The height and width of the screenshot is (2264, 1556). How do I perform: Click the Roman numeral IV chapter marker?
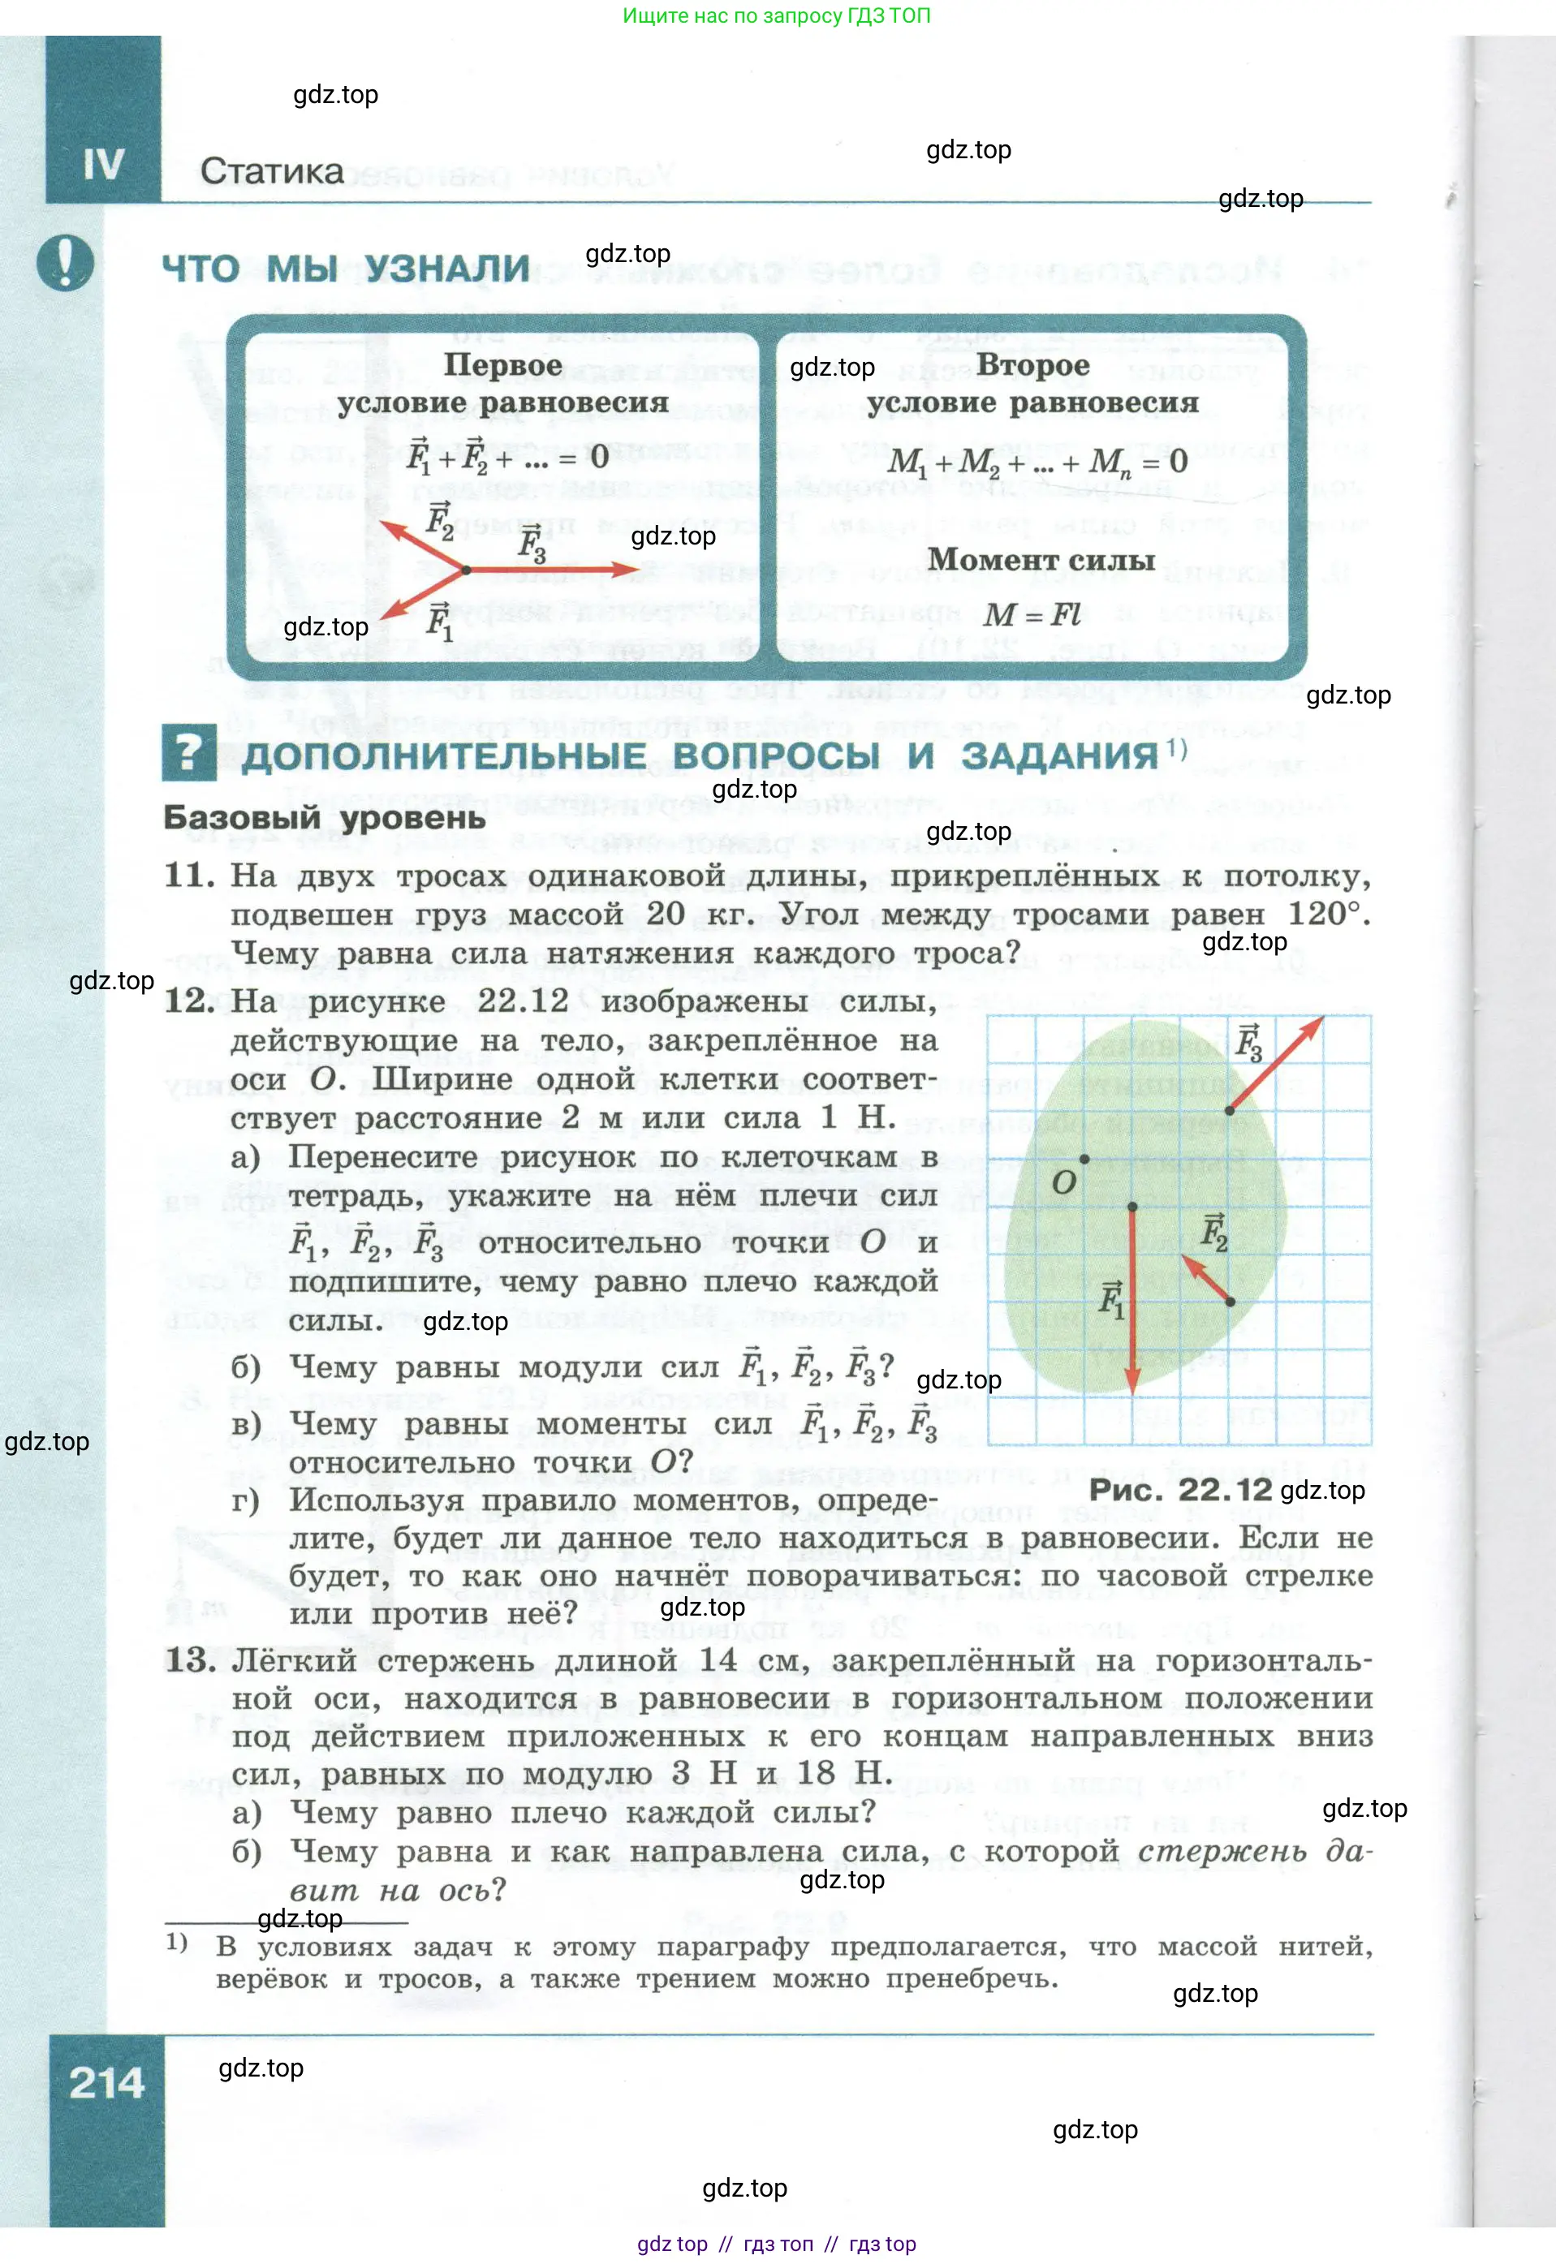103,165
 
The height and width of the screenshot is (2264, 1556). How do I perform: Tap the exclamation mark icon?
65,261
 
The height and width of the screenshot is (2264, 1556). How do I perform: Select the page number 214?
106,2083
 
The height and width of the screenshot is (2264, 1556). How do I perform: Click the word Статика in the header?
271,171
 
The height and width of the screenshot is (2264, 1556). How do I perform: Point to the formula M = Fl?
1032,614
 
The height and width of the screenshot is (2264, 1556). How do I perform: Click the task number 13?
190,1659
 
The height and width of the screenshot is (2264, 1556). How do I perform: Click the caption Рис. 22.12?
1179,1489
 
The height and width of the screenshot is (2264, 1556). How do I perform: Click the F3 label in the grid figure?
1248,1044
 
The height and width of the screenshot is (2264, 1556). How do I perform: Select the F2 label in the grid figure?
1213,1232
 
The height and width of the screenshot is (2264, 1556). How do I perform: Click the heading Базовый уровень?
324,816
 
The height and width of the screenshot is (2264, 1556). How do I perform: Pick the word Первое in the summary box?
502,364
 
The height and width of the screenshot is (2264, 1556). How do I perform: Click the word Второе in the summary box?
1032,364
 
